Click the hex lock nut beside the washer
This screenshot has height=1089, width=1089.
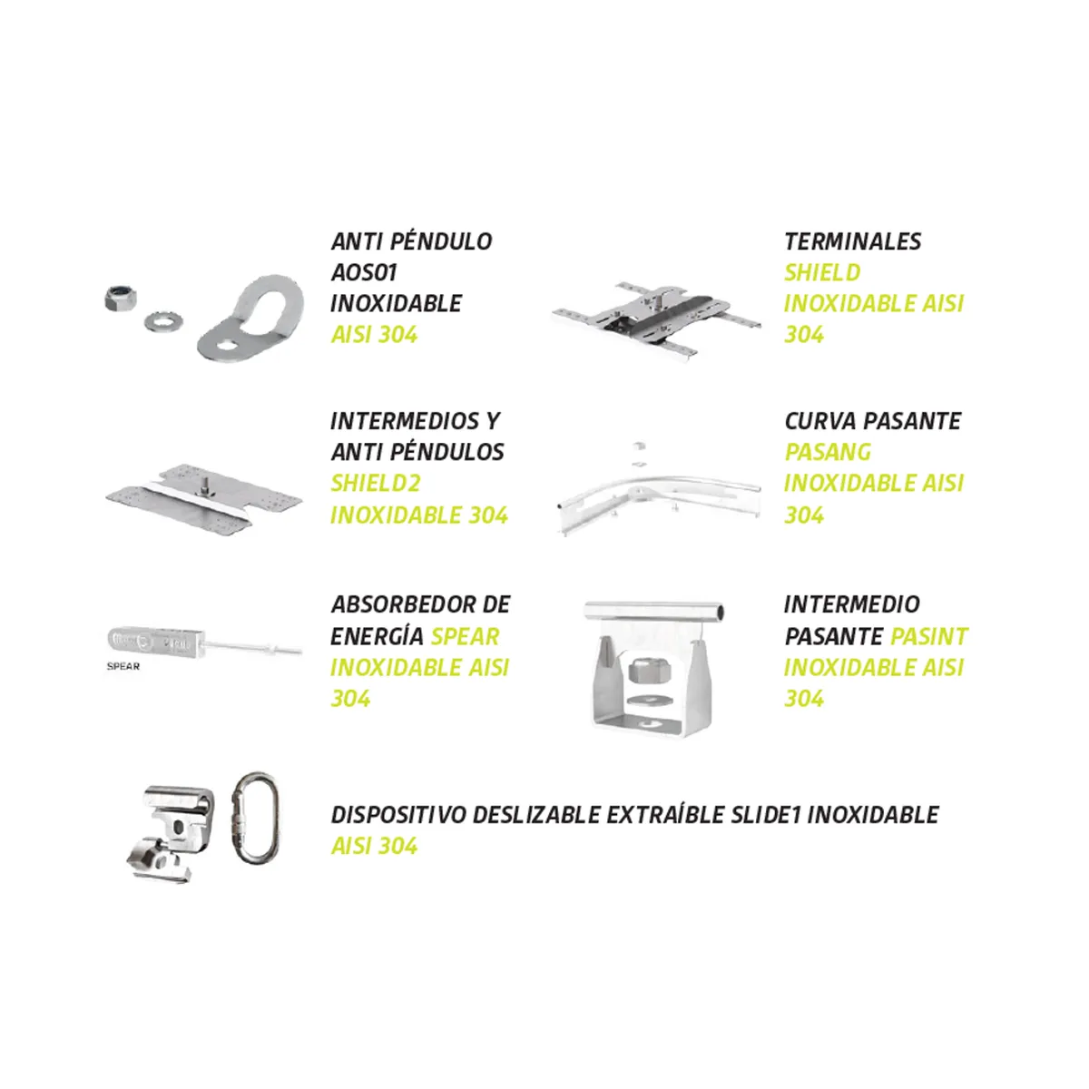[x=121, y=298]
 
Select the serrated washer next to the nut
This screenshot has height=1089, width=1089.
[x=163, y=323]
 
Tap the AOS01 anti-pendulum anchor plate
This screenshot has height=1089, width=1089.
[x=250, y=318]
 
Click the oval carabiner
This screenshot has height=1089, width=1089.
[x=255, y=817]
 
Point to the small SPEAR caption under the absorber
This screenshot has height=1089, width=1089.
[x=123, y=666]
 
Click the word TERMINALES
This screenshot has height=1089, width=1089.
[x=853, y=242]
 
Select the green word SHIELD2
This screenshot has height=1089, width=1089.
[x=376, y=483]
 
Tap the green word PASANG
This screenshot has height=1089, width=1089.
[x=829, y=452]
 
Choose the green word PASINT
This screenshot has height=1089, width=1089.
[x=929, y=637]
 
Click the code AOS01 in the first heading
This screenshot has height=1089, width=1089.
[x=364, y=273]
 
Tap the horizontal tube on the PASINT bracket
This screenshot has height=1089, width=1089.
[x=654, y=612]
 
